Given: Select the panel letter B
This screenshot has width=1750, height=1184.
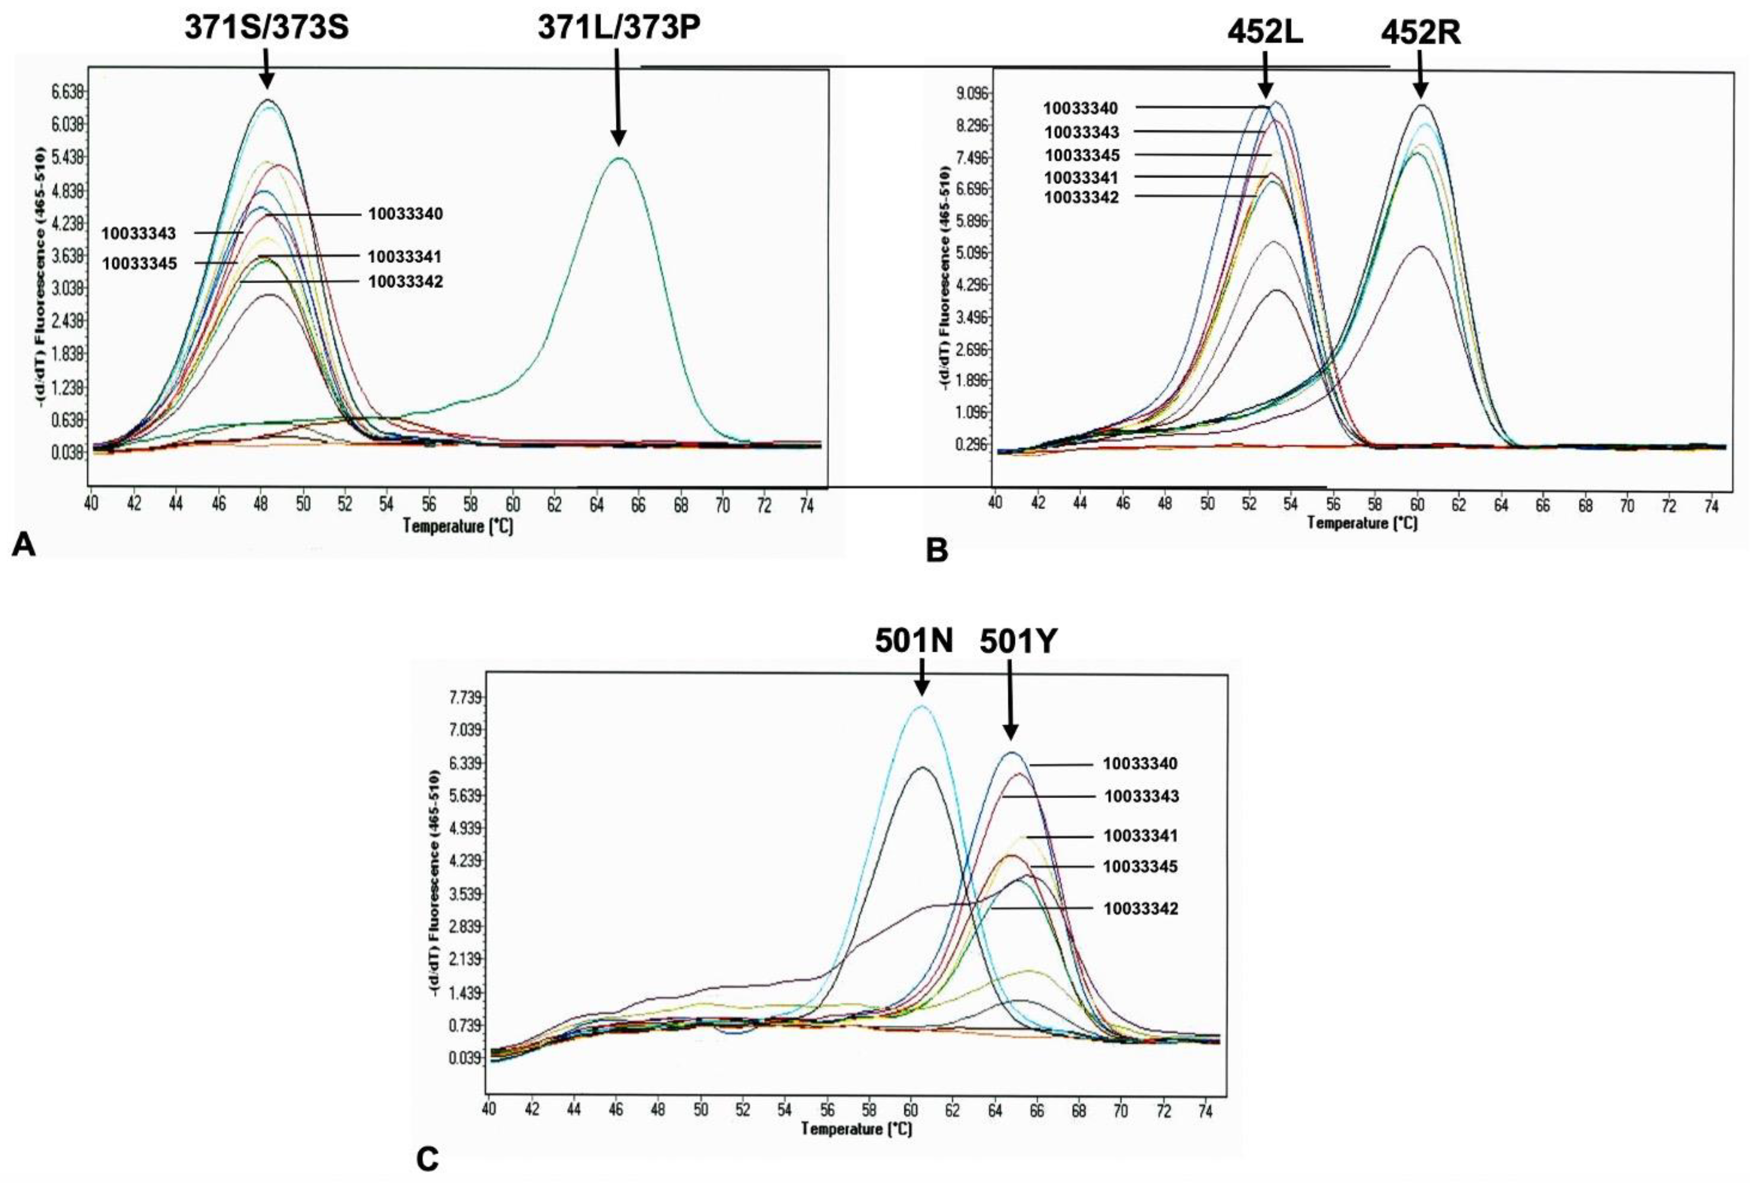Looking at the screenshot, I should tap(937, 551).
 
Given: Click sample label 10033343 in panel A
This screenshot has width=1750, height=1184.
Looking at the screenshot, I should tap(139, 233).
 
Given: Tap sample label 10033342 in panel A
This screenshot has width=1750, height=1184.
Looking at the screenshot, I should tap(405, 282).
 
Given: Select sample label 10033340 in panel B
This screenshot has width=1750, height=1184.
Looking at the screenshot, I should tap(1080, 108).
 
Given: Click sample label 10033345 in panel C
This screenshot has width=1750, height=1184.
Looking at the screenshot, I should tap(1140, 866).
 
